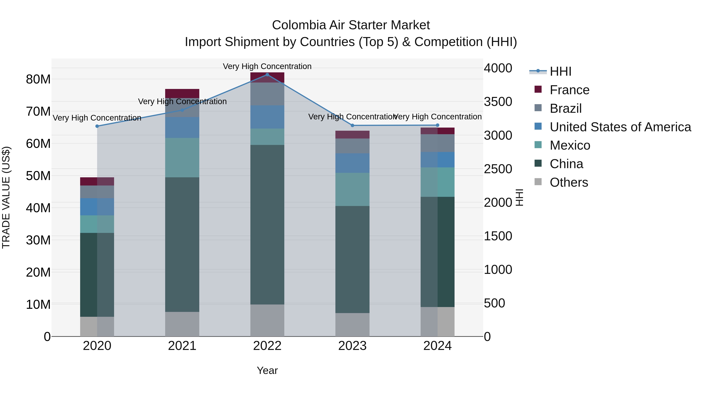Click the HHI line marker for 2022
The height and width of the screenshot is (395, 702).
click(267, 75)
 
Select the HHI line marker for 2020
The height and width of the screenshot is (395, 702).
click(97, 126)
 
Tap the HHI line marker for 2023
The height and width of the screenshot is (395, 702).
click(352, 125)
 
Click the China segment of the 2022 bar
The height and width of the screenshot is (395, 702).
click(267, 225)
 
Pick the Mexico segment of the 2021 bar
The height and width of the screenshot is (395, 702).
click(182, 158)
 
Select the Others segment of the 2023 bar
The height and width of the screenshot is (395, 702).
click(352, 325)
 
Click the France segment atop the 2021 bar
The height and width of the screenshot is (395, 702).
click(182, 93)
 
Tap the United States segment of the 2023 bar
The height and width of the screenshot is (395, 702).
click(352, 163)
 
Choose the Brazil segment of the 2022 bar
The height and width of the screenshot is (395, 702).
click(267, 94)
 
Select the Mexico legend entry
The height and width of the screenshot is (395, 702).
click(570, 145)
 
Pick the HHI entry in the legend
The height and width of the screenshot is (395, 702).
click(560, 71)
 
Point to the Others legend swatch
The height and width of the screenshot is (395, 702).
click(538, 182)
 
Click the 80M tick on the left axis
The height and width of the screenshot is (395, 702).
click(38, 79)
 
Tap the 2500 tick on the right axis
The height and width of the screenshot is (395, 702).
click(498, 169)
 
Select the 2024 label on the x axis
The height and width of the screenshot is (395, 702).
click(437, 346)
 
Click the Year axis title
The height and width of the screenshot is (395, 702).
click(267, 370)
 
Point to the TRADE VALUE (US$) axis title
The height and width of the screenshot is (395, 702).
click(6, 197)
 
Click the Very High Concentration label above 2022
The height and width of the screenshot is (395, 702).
click(267, 66)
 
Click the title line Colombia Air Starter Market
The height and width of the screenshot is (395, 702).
click(351, 25)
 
